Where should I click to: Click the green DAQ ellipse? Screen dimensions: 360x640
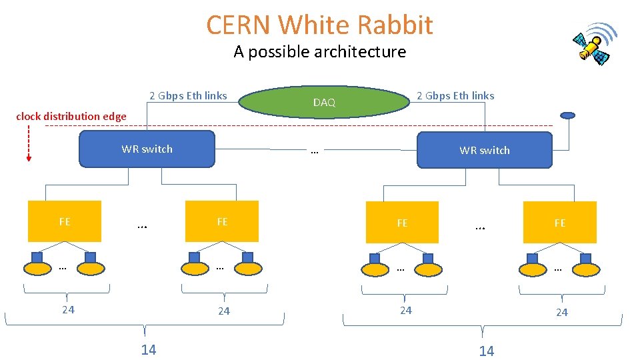click(x=324, y=102)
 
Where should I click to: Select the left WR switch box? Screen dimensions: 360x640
click(x=147, y=149)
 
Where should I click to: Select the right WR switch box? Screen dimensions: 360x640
click(x=485, y=150)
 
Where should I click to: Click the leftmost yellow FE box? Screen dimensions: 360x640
click(x=65, y=221)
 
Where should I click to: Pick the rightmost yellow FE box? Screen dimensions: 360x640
click(x=560, y=223)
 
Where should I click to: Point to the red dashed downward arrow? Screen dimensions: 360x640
click(x=29, y=143)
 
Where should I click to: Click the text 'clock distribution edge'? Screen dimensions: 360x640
click(x=71, y=117)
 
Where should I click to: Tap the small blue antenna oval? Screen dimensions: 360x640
click(x=567, y=115)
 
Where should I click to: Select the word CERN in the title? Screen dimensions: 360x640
click(x=239, y=25)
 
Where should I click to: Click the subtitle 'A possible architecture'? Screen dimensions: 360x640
click(x=320, y=52)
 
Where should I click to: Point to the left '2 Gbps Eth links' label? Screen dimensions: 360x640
click(x=188, y=96)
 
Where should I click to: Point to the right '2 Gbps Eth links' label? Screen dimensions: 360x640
click(x=455, y=96)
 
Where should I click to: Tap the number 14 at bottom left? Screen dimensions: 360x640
click(x=149, y=350)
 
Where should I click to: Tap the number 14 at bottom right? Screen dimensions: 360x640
click(x=487, y=351)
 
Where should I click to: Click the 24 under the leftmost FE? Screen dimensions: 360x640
click(x=68, y=309)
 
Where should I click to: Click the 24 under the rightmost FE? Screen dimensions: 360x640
click(x=562, y=312)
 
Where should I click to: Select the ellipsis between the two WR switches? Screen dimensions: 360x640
click(x=315, y=151)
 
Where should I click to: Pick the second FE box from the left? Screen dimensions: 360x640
click(x=222, y=221)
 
